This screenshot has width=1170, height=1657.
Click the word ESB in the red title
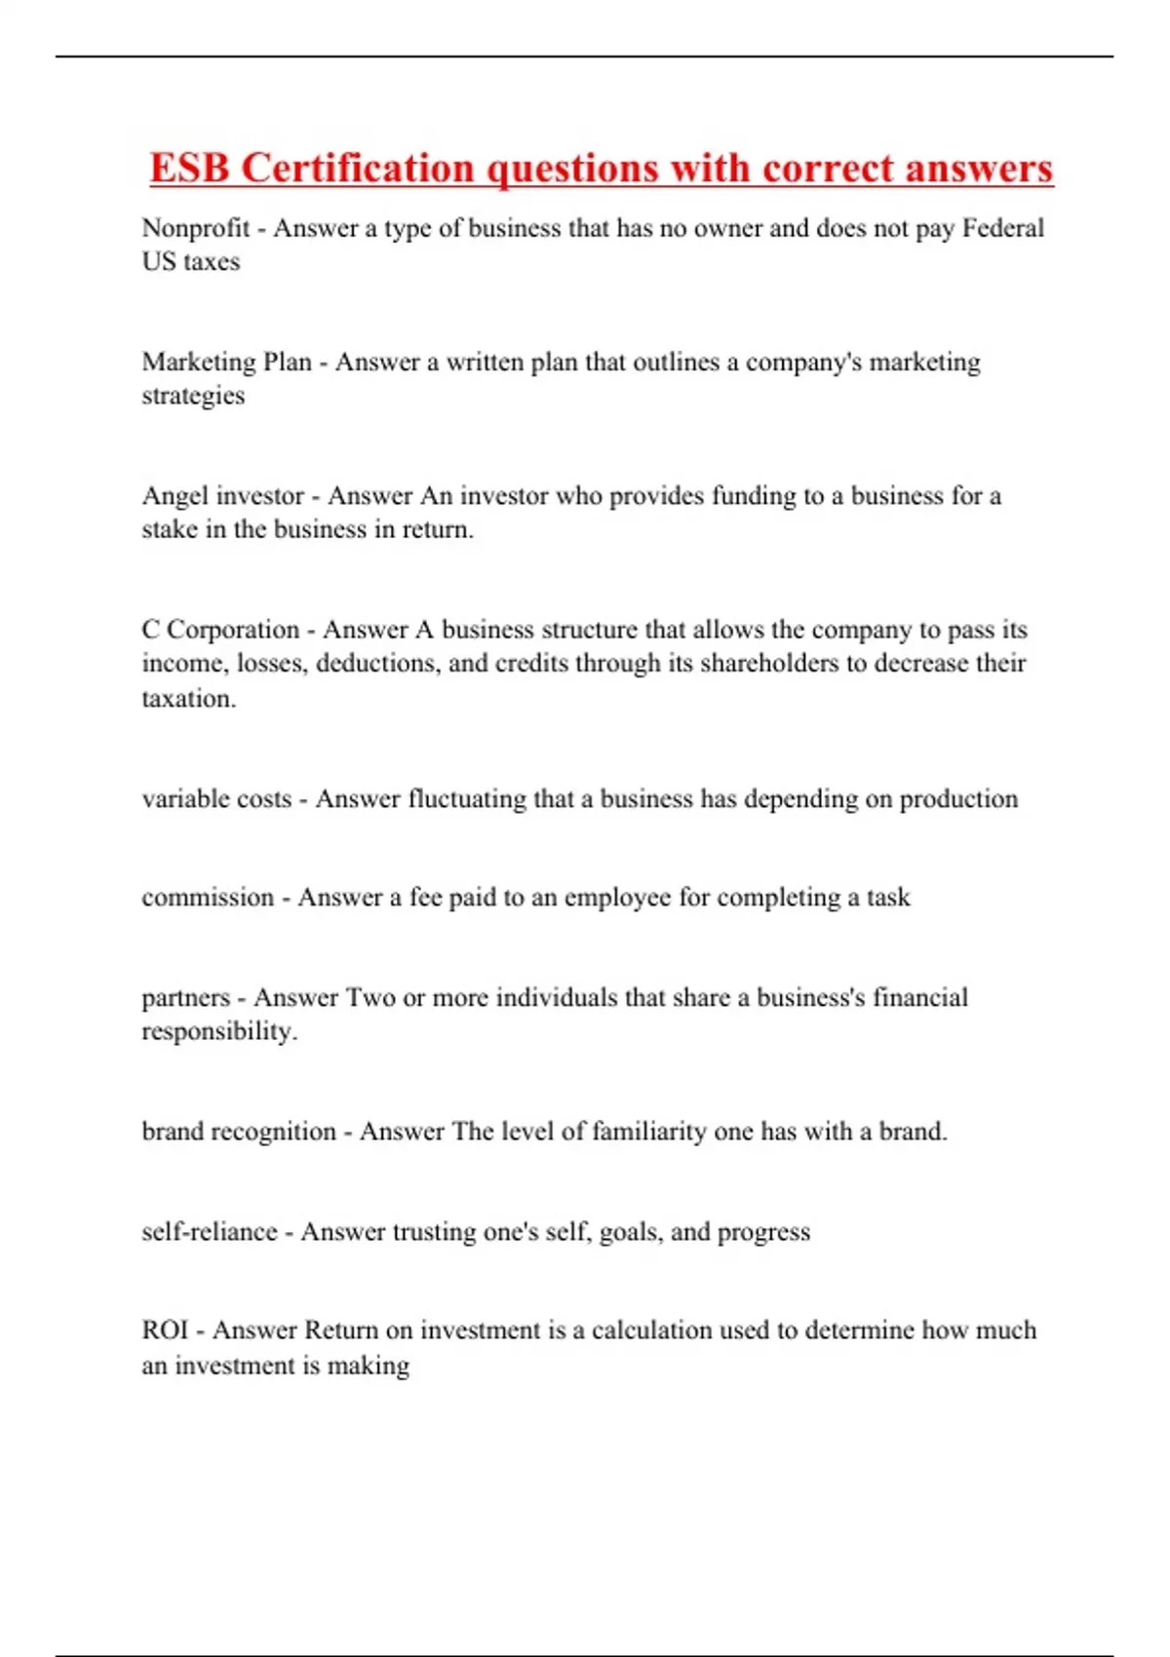(189, 168)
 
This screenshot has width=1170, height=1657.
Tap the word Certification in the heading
(357, 168)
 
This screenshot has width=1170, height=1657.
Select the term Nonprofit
(196, 228)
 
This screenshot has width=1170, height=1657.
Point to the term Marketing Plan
(226, 362)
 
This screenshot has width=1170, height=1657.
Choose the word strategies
(193, 396)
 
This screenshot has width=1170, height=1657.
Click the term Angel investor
(222, 496)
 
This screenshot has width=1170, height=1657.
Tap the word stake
(170, 529)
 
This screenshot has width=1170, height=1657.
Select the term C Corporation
(220, 630)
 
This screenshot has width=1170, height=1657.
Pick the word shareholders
(769, 663)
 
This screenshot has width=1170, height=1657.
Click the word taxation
(188, 698)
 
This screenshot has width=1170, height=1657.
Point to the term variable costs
(216, 799)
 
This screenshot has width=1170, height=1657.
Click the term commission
(208, 897)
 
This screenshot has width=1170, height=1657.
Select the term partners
(186, 998)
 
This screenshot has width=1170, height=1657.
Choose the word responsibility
(219, 1031)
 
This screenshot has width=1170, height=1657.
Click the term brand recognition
(239, 1132)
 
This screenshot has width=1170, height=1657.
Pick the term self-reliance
(210, 1232)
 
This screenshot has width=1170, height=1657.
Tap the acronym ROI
(165, 1330)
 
